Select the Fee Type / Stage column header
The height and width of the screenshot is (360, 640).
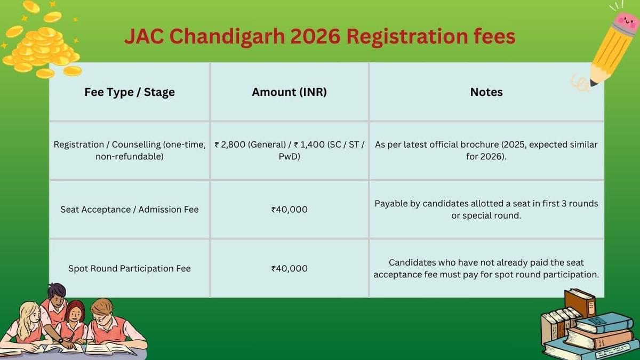pos(130,92)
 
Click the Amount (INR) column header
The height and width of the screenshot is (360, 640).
pos(289,92)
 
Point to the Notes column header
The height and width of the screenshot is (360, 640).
pos(486,92)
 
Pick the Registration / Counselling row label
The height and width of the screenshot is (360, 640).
pos(130,150)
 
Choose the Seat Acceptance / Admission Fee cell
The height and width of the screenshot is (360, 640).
pos(130,210)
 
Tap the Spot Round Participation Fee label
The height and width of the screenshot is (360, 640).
pos(130,268)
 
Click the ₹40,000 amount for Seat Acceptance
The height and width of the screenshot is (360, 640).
pos(289,210)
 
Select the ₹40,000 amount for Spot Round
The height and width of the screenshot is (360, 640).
pos(289,268)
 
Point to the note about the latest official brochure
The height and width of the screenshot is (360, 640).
pos(486,150)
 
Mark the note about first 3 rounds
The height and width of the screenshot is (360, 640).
pos(486,210)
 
